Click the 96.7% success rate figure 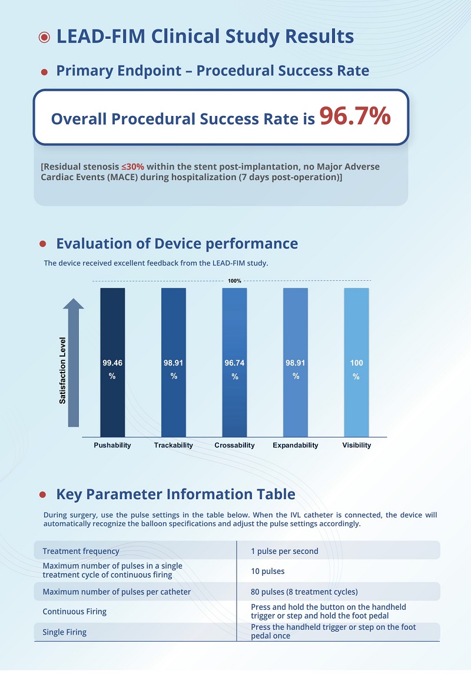[x=354, y=117]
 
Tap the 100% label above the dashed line [x=234, y=281]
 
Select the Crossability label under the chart [x=234, y=446]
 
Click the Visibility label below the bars [x=357, y=446]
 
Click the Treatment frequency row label [x=81, y=552]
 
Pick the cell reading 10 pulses [x=268, y=571]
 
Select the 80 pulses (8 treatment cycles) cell [x=304, y=592]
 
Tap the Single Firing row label [x=64, y=632]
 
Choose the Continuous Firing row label [x=74, y=612]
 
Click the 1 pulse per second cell [x=284, y=552]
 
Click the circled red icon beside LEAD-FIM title [x=44, y=37]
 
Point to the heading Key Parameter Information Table [x=175, y=494]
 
